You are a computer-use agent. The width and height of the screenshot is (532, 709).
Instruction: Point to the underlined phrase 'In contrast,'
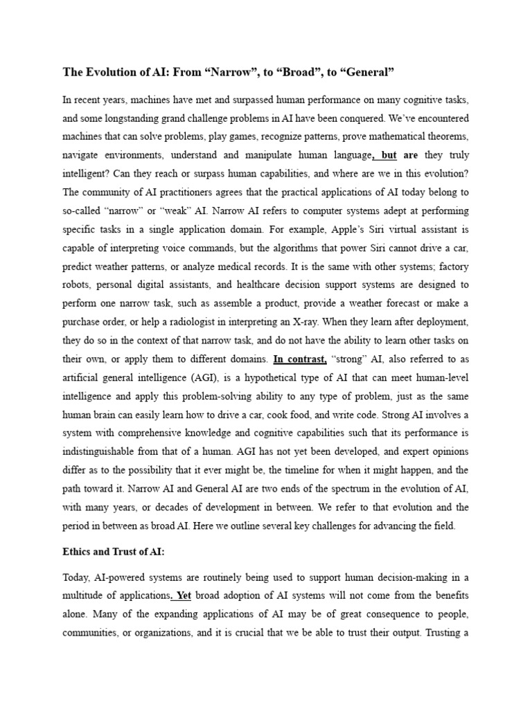coord(301,359)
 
